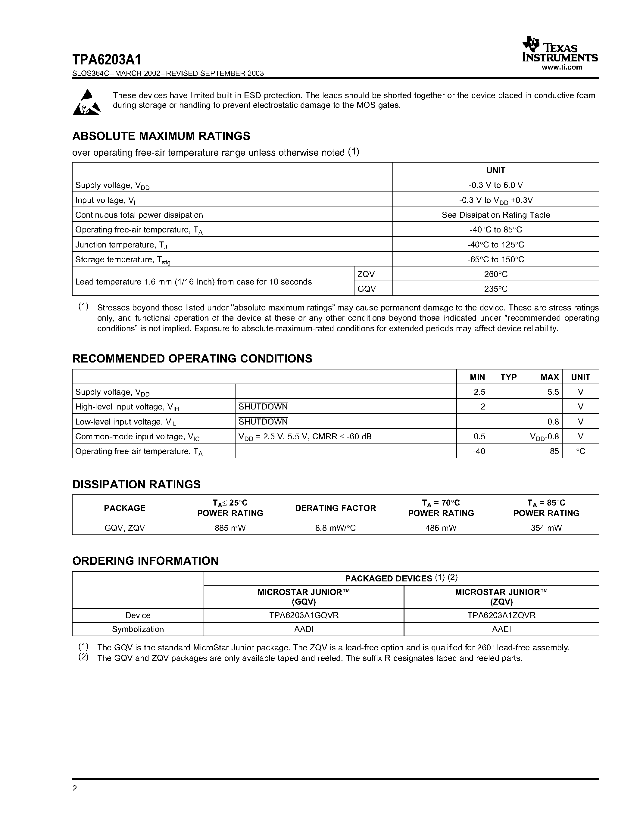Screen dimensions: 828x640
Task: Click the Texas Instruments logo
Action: point(560,50)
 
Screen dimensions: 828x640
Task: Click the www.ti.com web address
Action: point(562,67)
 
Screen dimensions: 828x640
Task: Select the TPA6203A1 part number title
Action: point(107,60)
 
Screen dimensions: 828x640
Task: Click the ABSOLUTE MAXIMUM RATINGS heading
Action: point(161,136)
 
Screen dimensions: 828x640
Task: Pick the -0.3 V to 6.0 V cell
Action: point(495,185)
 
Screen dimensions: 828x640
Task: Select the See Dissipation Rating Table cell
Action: point(495,215)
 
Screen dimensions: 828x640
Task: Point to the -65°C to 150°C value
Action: point(495,259)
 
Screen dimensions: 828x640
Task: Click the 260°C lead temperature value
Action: point(495,274)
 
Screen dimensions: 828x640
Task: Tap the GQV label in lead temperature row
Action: point(367,289)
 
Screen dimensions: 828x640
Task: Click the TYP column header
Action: point(508,377)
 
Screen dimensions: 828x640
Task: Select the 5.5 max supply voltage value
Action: point(553,392)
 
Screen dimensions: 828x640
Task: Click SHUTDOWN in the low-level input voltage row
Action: point(263,422)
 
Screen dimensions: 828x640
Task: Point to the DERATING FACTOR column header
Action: point(335,508)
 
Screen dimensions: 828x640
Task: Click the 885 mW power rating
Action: point(230,528)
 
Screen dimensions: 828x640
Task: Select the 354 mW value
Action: point(546,528)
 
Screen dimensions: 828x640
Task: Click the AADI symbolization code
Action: point(304,629)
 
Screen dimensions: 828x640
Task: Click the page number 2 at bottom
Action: point(75,789)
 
